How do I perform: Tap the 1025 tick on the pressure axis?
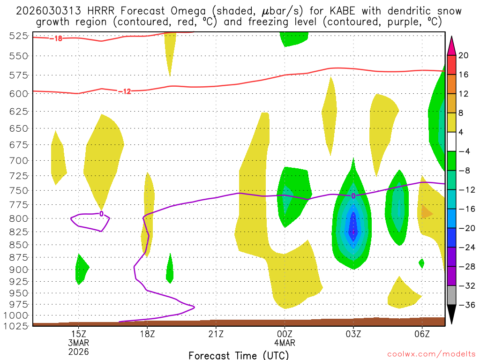click(x=16, y=325)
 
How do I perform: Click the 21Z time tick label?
click(x=216, y=334)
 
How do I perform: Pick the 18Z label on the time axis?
click(x=147, y=334)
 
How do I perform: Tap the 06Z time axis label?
click(x=422, y=334)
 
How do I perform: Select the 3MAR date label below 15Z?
click(x=78, y=343)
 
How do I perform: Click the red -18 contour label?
click(x=56, y=38)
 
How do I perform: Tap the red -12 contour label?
click(x=124, y=91)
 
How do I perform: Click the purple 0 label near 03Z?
click(x=353, y=195)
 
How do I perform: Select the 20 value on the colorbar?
click(x=464, y=55)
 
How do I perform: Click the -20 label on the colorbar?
click(x=465, y=228)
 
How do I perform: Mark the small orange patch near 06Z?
click(x=427, y=212)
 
